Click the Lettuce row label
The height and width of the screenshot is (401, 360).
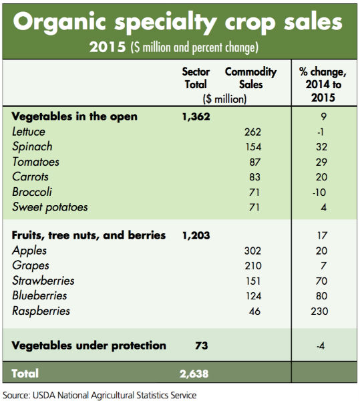click(x=29, y=132)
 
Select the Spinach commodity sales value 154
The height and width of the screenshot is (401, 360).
click(x=253, y=147)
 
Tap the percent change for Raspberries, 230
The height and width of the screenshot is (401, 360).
click(x=319, y=311)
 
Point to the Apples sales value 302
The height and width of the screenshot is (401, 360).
click(x=252, y=251)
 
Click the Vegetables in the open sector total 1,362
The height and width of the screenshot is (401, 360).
click(x=196, y=117)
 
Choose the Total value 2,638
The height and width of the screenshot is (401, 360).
click(x=194, y=374)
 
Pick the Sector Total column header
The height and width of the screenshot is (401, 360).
click(x=196, y=78)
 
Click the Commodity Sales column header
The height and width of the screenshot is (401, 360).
click(x=250, y=78)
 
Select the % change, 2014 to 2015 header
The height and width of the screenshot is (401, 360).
click(x=323, y=85)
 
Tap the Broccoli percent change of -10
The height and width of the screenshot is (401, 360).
click(x=319, y=192)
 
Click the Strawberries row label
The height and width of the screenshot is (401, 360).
click(x=43, y=281)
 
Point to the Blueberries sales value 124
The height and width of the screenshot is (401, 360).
click(x=253, y=296)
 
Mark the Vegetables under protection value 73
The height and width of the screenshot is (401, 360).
click(x=202, y=346)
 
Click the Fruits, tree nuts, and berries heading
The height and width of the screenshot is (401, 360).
click(x=89, y=235)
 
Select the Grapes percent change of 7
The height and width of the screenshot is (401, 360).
click(x=323, y=266)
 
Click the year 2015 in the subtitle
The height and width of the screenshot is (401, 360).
click(x=108, y=47)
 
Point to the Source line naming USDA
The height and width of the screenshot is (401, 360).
click(x=100, y=395)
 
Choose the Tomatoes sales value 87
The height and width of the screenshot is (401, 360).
click(x=254, y=162)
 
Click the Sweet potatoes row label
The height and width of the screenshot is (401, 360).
click(x=50, y=207)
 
